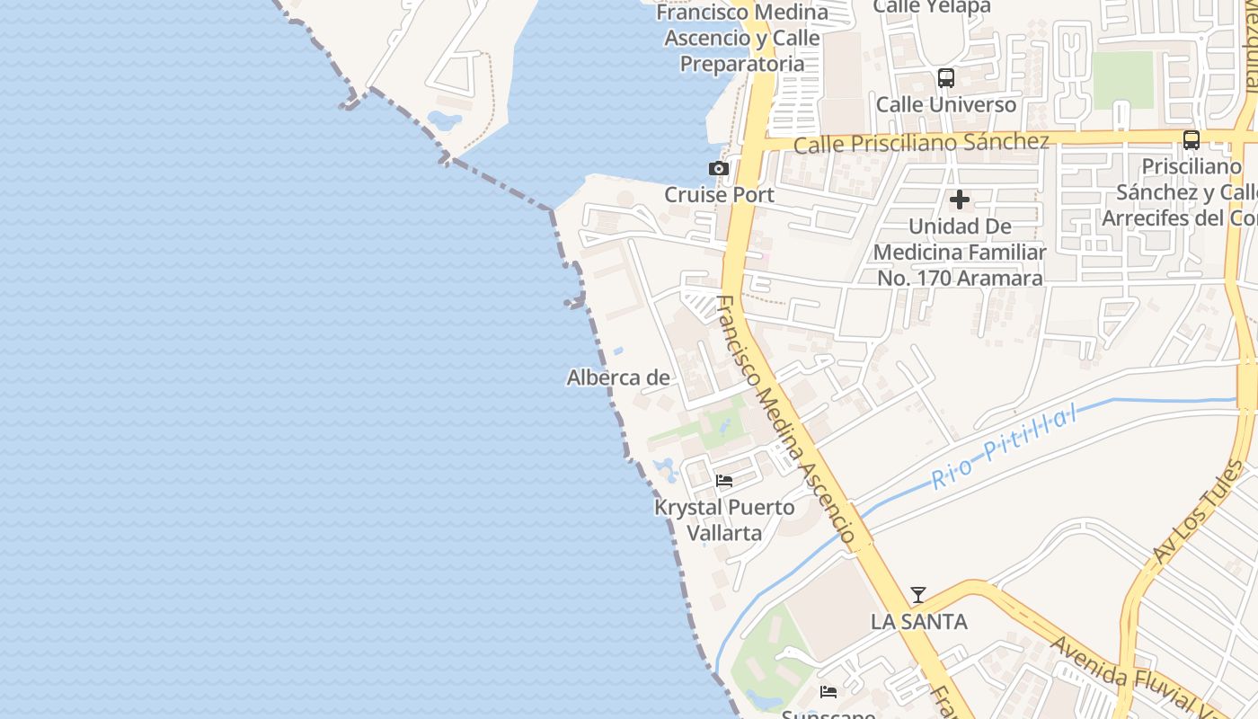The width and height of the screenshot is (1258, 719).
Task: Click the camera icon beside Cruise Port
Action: pyautogui.click(x=718, y=169)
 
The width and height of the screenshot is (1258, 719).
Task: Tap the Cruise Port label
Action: pyautogui.click(x=719, y=195)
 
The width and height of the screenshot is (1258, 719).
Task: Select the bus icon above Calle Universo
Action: pyautogui.click(x=945, y=78)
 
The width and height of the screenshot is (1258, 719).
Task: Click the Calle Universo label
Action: pyautogui.click(x=946, y=104)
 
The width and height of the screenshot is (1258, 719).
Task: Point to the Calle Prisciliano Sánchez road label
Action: pyautogui.click(x=921, y=143)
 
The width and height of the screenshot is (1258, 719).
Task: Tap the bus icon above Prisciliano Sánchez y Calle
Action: pyautogui.click(x=1191, y=140)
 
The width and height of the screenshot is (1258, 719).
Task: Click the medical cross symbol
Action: pyautogui.click(x=960, y=200)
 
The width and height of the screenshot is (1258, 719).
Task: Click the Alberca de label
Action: pyautogui.click(x=618, y=378)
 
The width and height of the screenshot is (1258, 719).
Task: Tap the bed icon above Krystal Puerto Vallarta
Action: pyautogui.click(x=724, y=481)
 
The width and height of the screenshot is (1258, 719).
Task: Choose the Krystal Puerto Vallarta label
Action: pyautogui.click(x=724, y=520)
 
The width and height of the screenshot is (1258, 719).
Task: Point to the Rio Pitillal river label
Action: pyautogui.click(x=1004, y=448)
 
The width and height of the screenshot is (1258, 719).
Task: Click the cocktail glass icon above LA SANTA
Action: pyautogui.click(x=917, y=595)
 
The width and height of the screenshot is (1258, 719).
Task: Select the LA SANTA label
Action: pyautogui.click(x=918, y=622)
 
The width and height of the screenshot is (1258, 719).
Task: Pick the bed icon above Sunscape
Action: pyautogui.click(x=828, y=692)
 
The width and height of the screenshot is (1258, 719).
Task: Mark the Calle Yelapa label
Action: pyautogui.click(x=932, y=7)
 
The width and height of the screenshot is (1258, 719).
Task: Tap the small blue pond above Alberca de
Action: pyautogui.click(x=617, y=351)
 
